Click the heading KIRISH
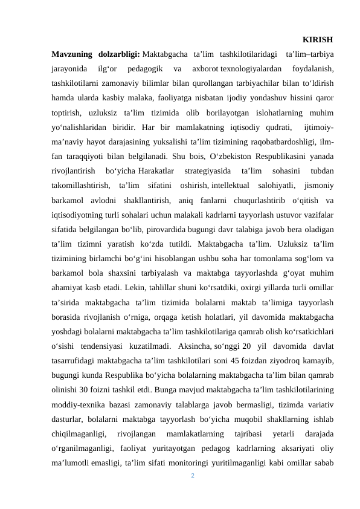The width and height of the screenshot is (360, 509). pyautogui.click(x=317, y=40)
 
